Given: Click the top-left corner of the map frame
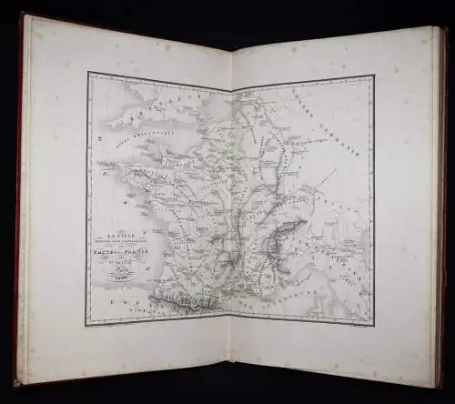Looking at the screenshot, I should pyautogui.click(x=87, y=73).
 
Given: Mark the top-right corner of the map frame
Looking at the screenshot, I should pyautogui.click(x=374, y=76).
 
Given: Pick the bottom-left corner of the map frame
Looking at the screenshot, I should pyautogui.click(x=86, y=325).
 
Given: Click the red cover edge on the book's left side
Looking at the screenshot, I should pyautogui.click(x=19, y=200).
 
